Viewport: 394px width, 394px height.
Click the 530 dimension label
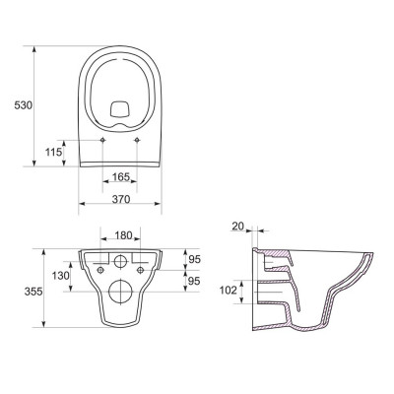pyautogui.click(x=24, y=105)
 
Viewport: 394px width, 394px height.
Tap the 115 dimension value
pyautogui.click(x=53, y=153)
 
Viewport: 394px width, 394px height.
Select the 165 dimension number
pyautogui.click(x=121, y=177)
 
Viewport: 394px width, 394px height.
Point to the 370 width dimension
pyautogui.click(x=121, y=199)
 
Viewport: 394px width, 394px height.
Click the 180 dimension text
pyautogui.click(x=123, y=235)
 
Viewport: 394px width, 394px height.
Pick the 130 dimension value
pyautogui.click(x=61, y=275)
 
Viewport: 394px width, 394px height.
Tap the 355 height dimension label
pyautogui.click(x=33, y=292)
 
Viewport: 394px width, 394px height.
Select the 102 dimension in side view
pyautogui.click(x=228, y=291)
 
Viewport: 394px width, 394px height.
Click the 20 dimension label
pyautogui.click(x=238, y=226)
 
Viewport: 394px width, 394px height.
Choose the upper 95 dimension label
pyautogui.click(x=194, y=259)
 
